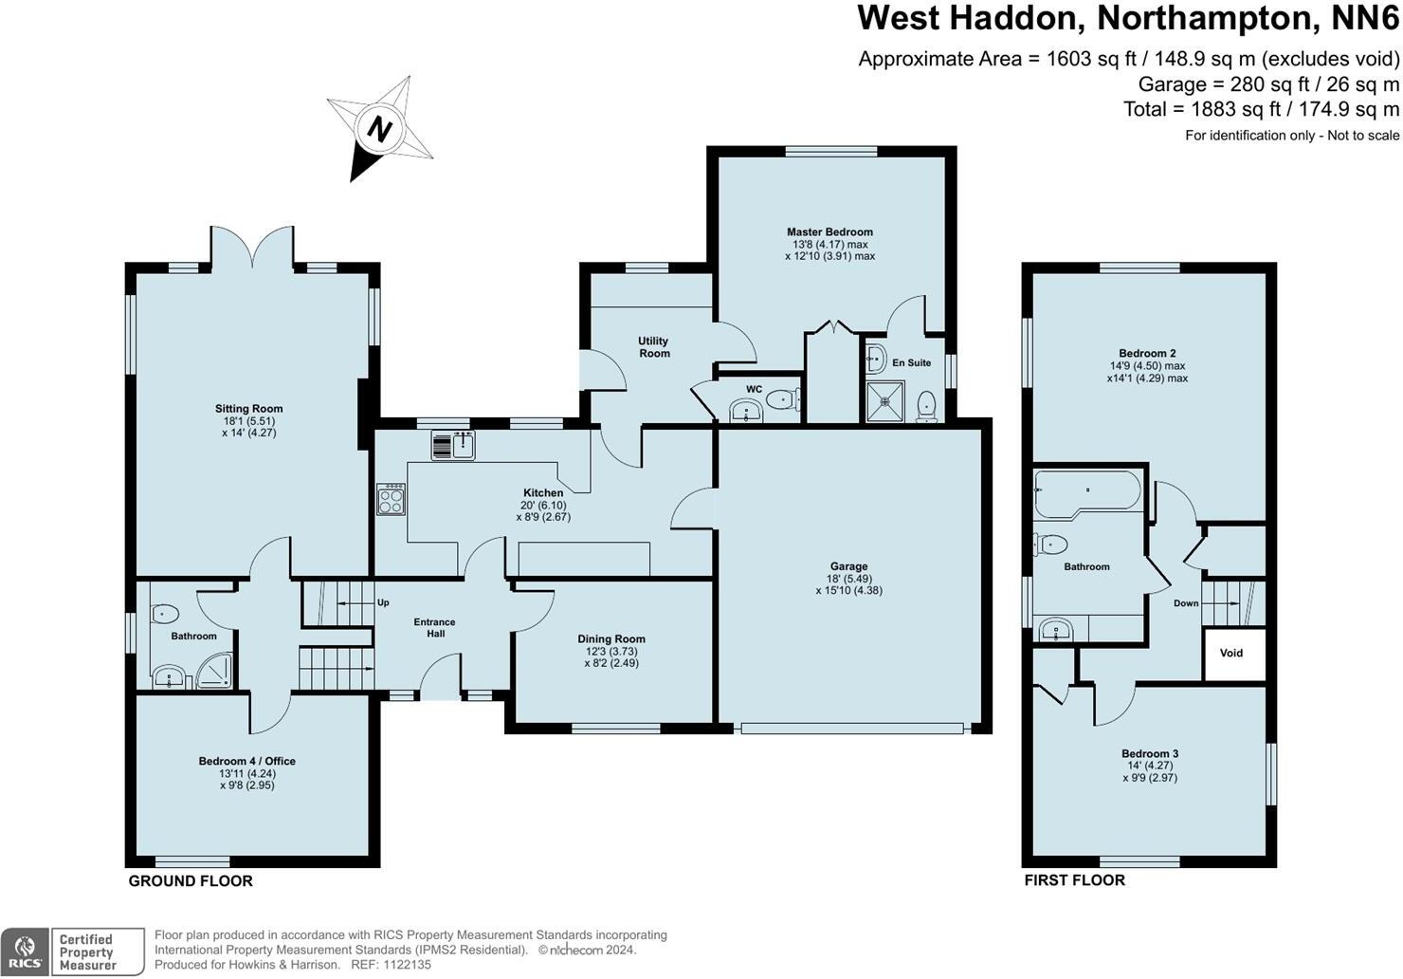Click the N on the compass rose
pyautogui.click(x=380, y=128)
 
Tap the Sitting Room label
pyautogui.click(x=248, y=410)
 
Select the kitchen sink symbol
pyautogui.click(x=453, y=445)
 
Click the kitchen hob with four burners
pyautogui.click(x=392, y=499)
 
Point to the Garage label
pyautogui.click(x=848, y=567)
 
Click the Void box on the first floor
pyautogui.click(x=1231, y=654)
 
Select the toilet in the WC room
pyautogui.click(x=780, y=400)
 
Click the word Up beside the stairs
pyautogui.click(x=383, y=603)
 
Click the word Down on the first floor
pyautogui.click(x=1186, y=603)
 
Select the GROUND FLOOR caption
pyautogui.click(x=191, y=881)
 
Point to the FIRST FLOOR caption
pyautogui.click(x=1074, y=880)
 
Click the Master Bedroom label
pyautogui.click(x=829, y=232)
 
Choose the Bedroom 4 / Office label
pyautogui.click(x=247, y=762)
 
